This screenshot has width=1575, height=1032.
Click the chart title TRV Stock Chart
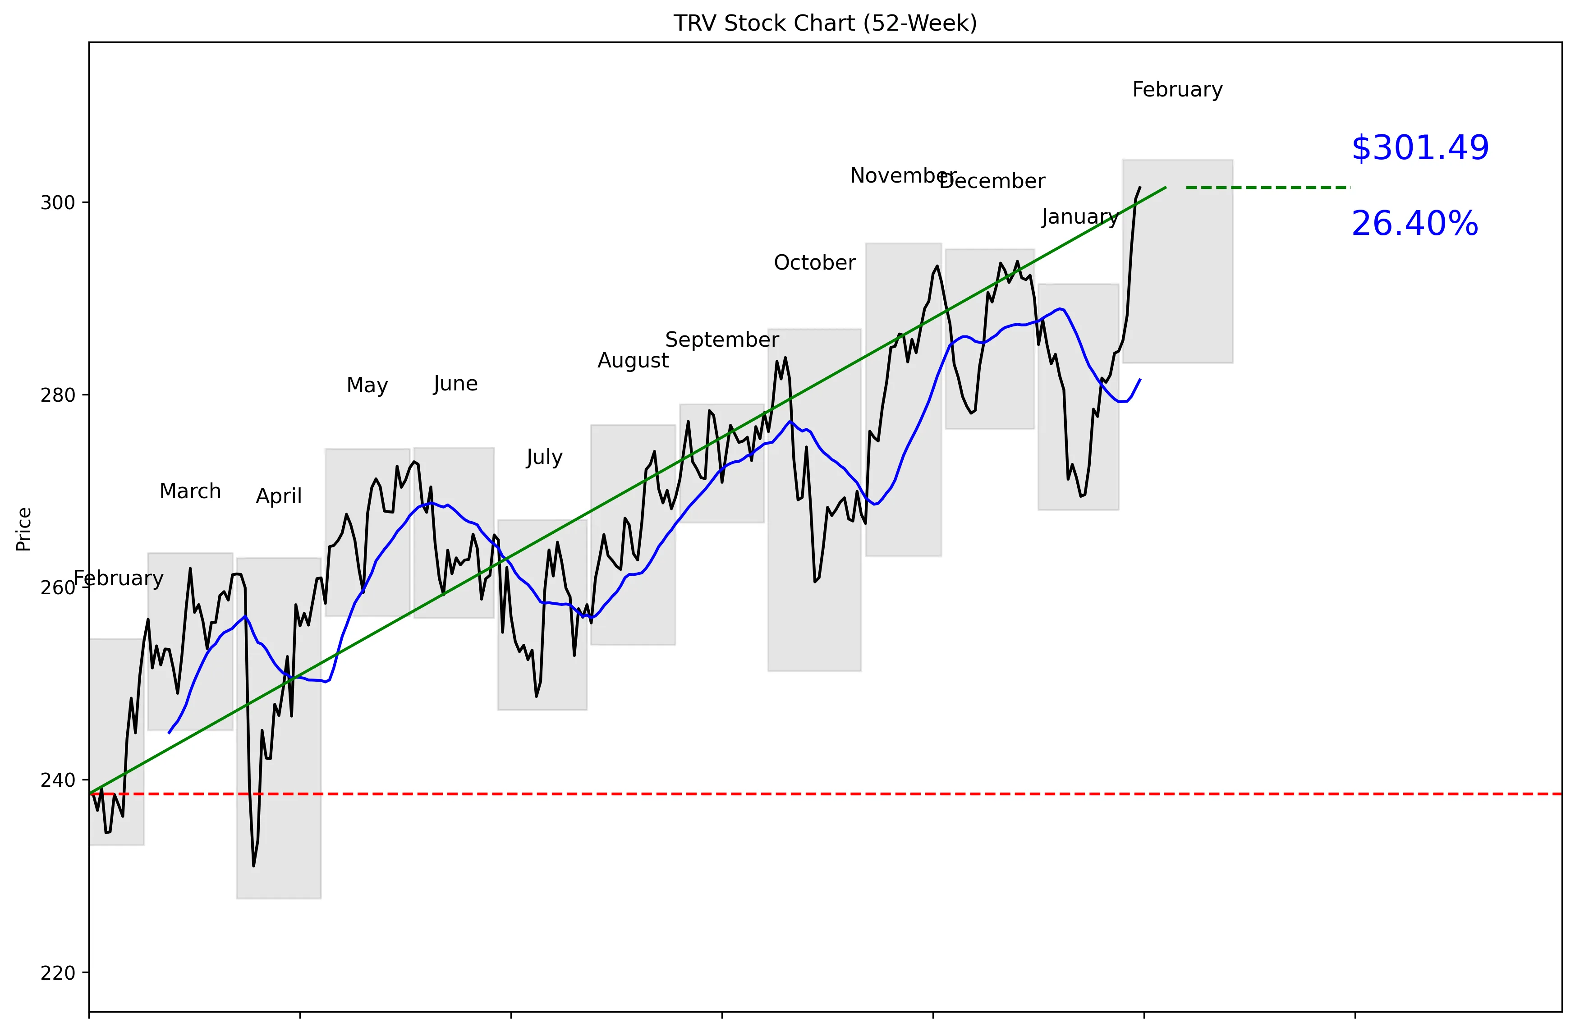tap(825, 23)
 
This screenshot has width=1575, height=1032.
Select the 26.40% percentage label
tap(1414, 224)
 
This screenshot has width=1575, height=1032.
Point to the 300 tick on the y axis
tap(58, 202)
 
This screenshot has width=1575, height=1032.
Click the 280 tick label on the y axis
tap(58, 395)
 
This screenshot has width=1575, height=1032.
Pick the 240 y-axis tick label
tap(58, 780)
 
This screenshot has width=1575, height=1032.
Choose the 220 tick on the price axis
tap(58, 973)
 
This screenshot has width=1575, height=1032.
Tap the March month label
tap(190, 491)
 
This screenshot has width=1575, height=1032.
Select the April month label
tap(279, 495)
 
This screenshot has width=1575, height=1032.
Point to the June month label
tap(455, 383)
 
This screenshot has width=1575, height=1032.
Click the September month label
tap(721, 339)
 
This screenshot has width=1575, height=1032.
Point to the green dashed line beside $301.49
tap(1267, 188)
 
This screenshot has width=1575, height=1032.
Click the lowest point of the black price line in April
tap(253, 865)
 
